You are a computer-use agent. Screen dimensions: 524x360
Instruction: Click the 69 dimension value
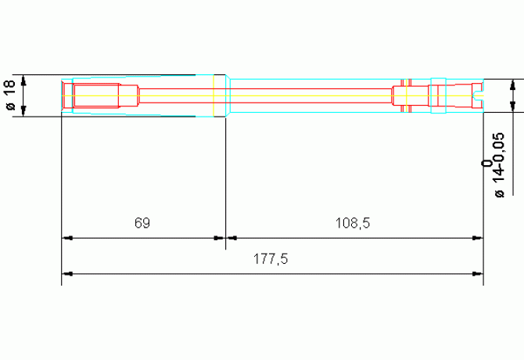pyautogui.click(x=142, y=222)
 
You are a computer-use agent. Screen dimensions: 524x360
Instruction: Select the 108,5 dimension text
pyautogui.click(x=353, y=222)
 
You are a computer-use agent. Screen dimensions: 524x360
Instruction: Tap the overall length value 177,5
pyautogui.click(x=271, y=259)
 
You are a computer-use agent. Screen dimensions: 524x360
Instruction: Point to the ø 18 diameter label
pyautogui.click(x=10, y=95)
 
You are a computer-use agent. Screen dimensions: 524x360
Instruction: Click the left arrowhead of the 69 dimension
pyautogui.click(x=67, y=238)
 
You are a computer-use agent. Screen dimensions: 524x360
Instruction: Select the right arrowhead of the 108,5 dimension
pyautogui.click(x=478, y=238)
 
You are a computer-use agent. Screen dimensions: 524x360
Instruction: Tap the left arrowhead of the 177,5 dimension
pyautogui.click(x=67, y=274)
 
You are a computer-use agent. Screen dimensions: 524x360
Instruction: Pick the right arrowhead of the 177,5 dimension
pyautogui.click(x=478, y=274)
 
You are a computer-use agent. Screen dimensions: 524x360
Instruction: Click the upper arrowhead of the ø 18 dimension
pyautogui.click(x=23, y=81)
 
